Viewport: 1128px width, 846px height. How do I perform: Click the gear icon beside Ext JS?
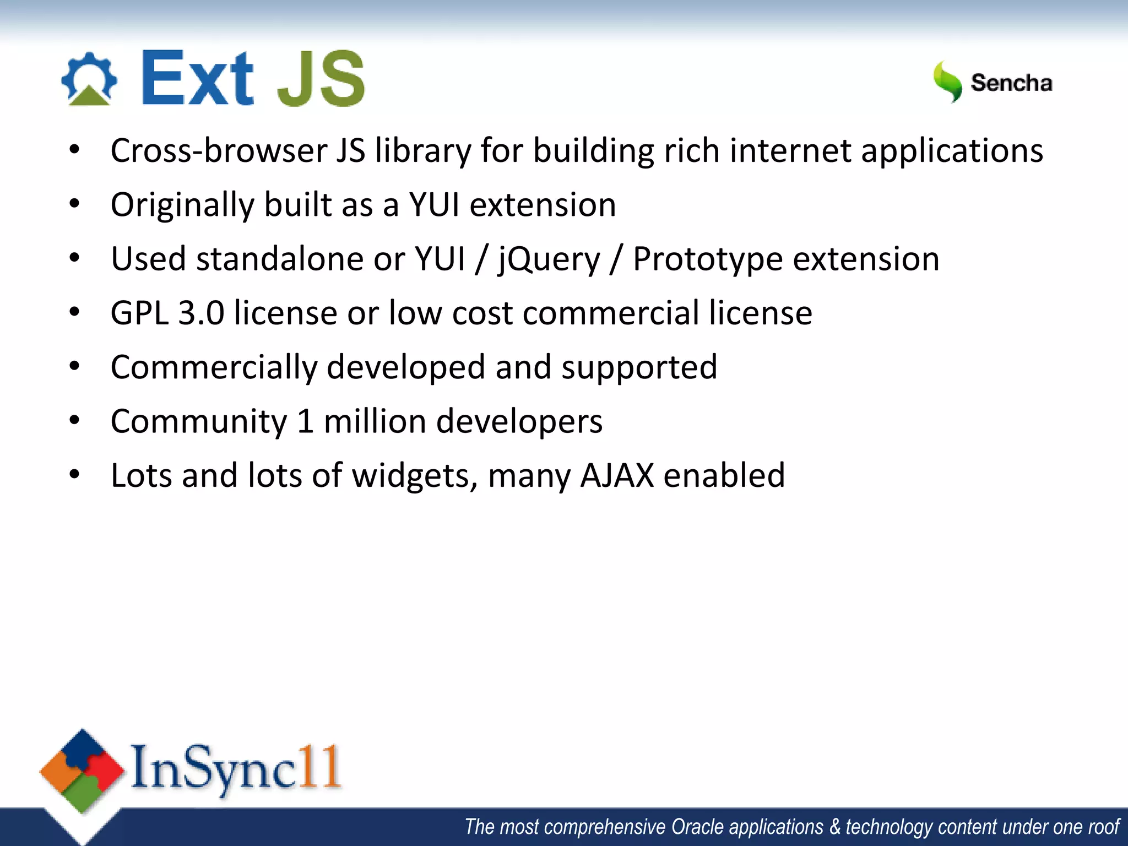89,78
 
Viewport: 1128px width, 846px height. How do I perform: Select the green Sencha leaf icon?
947,82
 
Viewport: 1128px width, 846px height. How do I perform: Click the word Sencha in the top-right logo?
1011,83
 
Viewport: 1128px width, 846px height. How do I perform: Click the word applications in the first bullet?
952,151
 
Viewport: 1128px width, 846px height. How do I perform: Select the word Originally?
182,205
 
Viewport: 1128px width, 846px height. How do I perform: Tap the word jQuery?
549,259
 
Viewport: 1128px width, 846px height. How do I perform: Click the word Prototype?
708,259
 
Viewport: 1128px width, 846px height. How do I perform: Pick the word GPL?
139,313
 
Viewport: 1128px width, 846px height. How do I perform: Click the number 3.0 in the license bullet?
201,313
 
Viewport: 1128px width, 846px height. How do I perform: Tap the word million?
375,421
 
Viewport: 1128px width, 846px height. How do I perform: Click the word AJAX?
617,475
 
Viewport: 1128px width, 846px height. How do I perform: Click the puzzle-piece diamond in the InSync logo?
82,771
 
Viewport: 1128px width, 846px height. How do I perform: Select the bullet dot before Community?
75,421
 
